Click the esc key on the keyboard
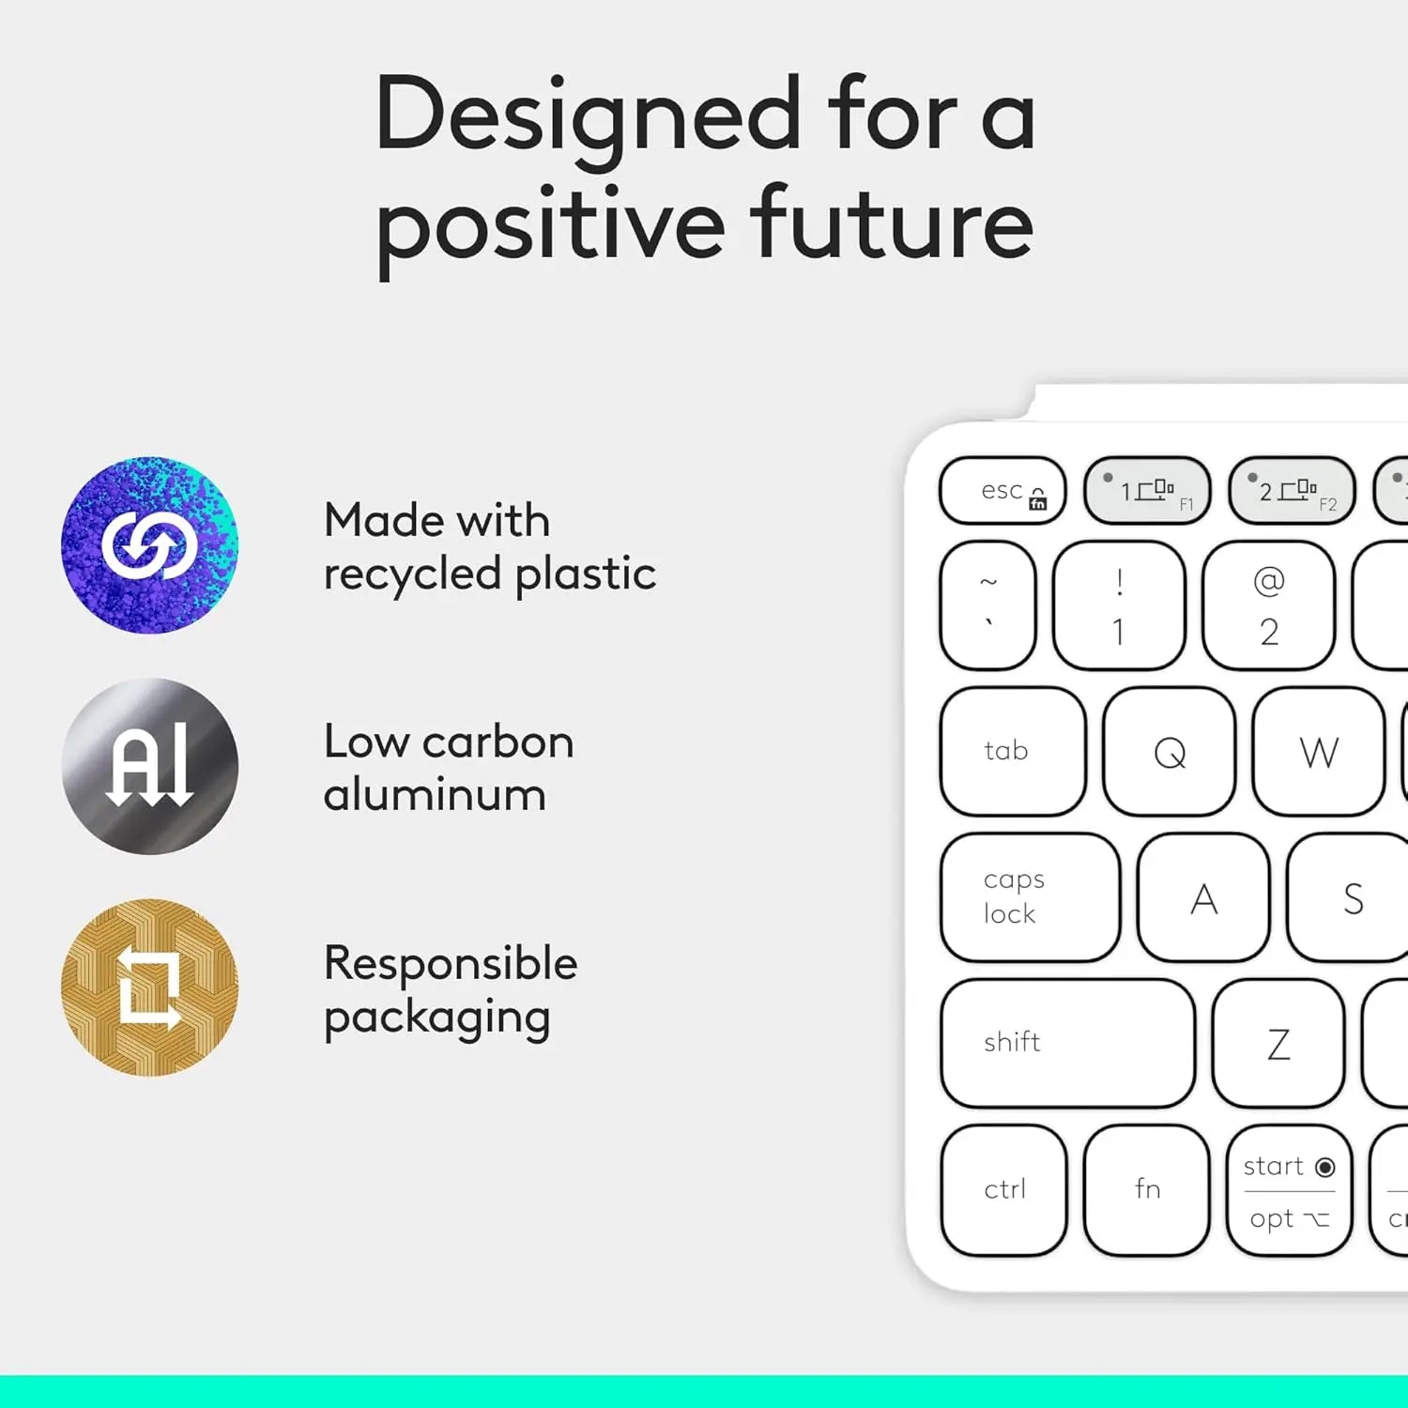coord(1002,490)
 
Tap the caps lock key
coord(1031,897)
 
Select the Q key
coord(1170,752)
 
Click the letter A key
coord(1203,897)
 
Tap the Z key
coord(1278,1044)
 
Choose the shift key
coord(1068,1043)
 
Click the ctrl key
coord(1004,1189)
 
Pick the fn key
coord(1147,1189)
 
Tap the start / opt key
coord(1289,1190)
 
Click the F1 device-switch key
coord(1147,490)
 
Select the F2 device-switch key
coord(1292,490)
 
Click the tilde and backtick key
coord(988,605)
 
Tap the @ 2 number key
coord(1268,605)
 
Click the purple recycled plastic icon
coord(149,545)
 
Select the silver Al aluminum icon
coord(149,766)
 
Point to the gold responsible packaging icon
coord(149,987)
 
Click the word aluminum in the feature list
coord(435,795)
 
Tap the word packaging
coord(436,1018)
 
